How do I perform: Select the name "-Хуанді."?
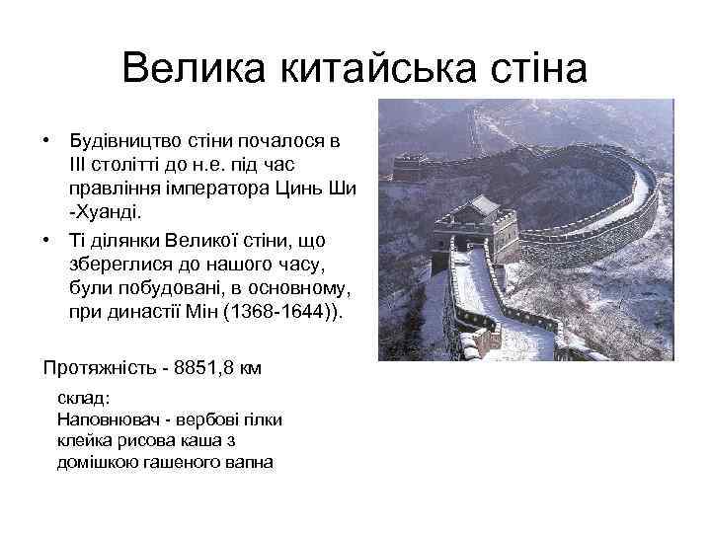(105, 211)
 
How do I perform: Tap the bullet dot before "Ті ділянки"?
(46, 240)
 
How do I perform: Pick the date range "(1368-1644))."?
(287, 311)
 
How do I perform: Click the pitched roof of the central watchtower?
(484, 205)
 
